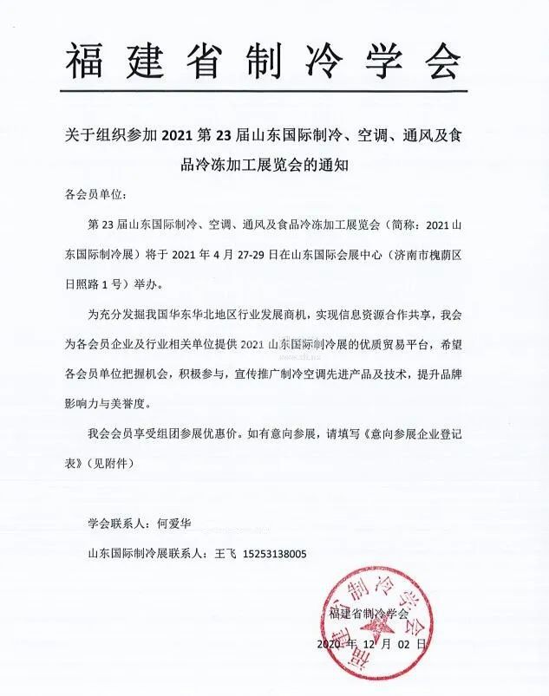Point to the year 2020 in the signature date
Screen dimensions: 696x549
[x=333, y=645]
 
